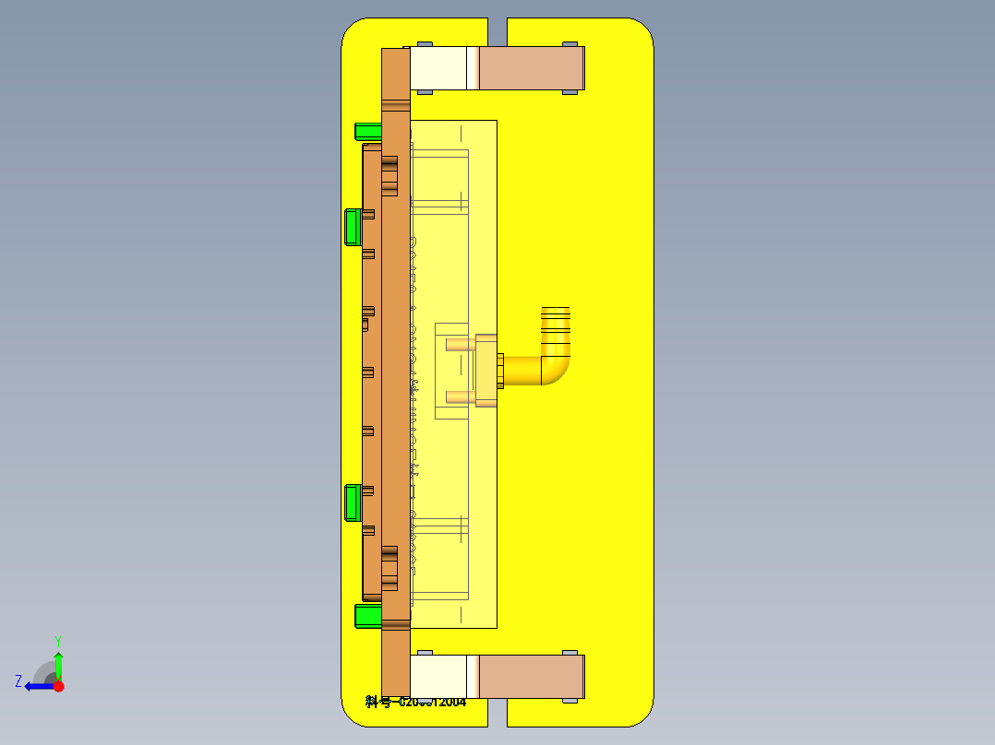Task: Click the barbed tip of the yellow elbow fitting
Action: coord(555,317)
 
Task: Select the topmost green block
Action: coord(368,131)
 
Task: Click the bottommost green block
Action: coord(368,615)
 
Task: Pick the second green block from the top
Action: coord(352,227)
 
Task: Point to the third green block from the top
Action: coord(352,503)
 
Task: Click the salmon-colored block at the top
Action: coord(532,68)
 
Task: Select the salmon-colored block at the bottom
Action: coord(532,677)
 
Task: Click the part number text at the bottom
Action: coord(415,703)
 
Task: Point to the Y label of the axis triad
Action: coord(57,640)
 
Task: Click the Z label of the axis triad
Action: coord(18,681)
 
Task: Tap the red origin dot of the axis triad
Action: coord(58,686)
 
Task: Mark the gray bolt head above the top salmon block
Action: coord(570,43)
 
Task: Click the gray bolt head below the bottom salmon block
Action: coord(570,702)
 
